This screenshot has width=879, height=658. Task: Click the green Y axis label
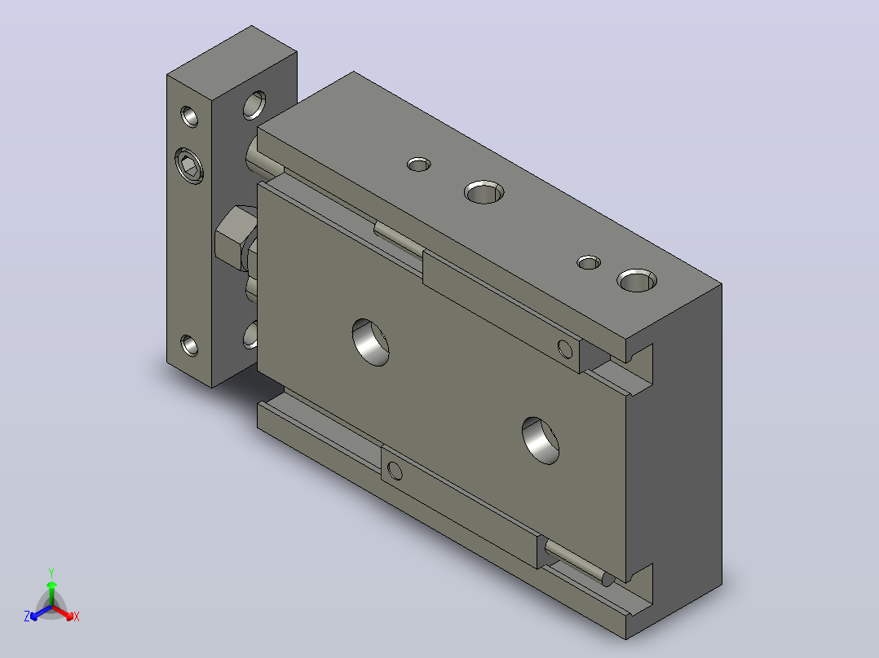coord(51,572)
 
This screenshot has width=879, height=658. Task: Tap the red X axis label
coord(77,616)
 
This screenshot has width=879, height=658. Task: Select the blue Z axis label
coord(27,616)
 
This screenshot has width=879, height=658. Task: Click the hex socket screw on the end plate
coord(189,166)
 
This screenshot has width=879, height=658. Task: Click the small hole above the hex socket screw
coord(189,116)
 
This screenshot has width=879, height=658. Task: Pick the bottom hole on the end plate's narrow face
coord(189,345)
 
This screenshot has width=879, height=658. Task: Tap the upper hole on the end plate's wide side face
coord(254,105)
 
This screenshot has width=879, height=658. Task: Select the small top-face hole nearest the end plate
coord(419,164)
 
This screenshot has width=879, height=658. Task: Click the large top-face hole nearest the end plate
coord(484,192)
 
